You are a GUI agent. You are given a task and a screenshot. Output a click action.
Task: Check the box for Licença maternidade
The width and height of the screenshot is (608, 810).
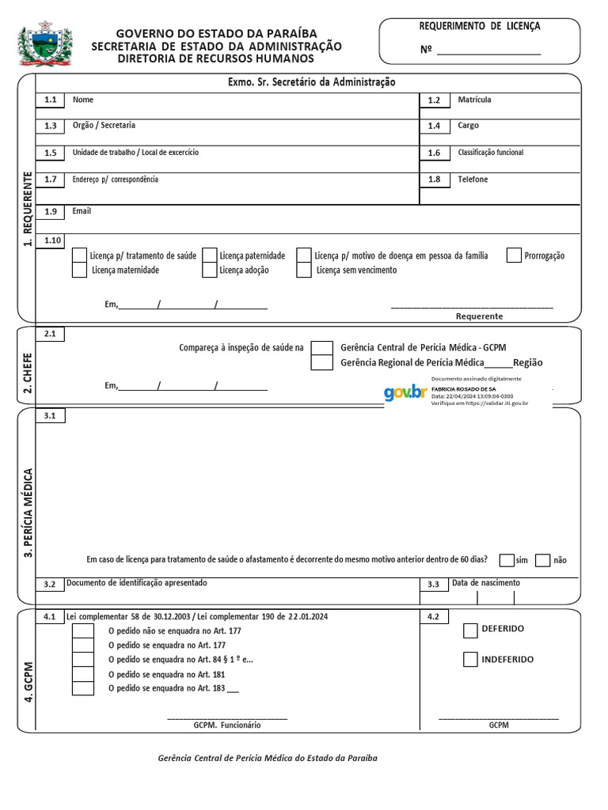[x=79, y=270]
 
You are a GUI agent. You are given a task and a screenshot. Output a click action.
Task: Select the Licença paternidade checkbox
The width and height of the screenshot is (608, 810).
[x=209, y=255]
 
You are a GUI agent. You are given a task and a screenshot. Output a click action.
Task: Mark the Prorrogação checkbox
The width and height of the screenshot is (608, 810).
[x=514, y=255]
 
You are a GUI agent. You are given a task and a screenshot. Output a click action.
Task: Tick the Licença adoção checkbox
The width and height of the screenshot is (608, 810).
[x=209, y=270]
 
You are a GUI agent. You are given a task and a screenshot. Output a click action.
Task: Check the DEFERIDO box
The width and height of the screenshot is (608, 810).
[x=470, y=630]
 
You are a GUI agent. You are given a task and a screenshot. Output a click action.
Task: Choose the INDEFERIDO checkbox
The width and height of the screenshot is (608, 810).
[x=470, y=659]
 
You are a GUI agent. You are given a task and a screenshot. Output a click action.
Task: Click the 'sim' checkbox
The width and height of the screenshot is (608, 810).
[x=507, y=560]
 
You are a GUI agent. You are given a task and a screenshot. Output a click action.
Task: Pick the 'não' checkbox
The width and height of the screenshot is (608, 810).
[x=543, y=560]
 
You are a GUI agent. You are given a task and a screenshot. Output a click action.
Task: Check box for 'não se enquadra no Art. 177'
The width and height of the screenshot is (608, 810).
[x=83, y=631]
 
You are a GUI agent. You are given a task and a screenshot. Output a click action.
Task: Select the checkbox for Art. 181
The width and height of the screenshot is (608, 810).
[x=83, y=674]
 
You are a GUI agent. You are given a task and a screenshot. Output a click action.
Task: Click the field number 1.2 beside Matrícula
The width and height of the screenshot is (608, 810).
[x=434, y=100]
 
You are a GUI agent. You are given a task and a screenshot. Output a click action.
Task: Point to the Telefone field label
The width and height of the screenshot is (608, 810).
[x=473, y=180]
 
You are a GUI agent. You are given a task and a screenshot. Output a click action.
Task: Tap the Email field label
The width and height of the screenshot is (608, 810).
[x=82, y=211]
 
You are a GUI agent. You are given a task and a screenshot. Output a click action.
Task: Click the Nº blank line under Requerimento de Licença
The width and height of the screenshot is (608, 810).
[x=488, y=50]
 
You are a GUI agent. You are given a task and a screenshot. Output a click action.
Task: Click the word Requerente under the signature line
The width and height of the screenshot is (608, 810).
[x=479, y=316]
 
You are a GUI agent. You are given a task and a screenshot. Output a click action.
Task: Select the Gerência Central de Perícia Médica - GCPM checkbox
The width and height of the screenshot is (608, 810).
[x=321, y=348]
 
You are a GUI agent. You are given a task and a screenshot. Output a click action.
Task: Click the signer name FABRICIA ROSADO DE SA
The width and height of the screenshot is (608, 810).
[x=463, y=389]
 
